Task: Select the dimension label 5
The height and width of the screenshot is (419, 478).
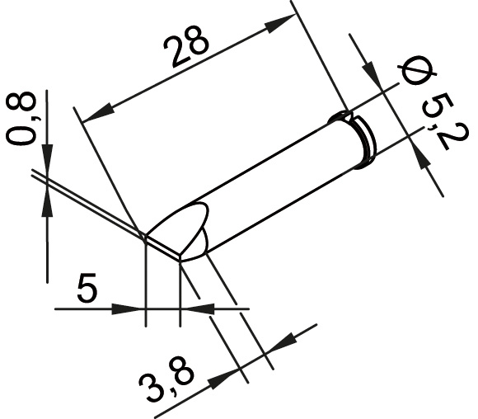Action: coord(87,288)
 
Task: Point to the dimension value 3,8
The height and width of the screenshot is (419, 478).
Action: coord(166,380)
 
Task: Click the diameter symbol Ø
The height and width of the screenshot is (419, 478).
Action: coord(417,70)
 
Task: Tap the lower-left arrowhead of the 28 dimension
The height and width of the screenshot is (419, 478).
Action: coord(97,113)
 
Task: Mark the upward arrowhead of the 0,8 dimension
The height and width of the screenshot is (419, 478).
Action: coord(47,202)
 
